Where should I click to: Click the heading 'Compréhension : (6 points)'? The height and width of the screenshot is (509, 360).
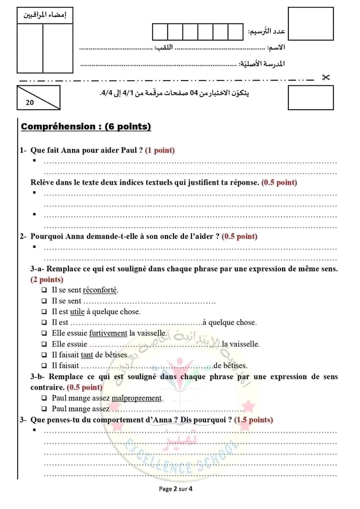coord(86,127)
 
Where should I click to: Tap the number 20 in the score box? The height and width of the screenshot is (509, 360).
coord(29,103)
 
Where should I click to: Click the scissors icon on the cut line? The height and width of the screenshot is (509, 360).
coord(326,78)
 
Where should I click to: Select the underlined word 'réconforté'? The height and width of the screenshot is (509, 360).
coord(100,290)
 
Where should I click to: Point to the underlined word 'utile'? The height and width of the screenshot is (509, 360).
coord(77,312)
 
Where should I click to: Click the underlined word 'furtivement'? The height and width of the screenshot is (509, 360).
coord(108,334)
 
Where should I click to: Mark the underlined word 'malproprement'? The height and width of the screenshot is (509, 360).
coord(137,398)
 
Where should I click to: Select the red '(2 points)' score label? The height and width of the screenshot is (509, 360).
coord(47,279)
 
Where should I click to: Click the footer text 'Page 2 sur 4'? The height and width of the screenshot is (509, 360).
coord(175,489)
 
